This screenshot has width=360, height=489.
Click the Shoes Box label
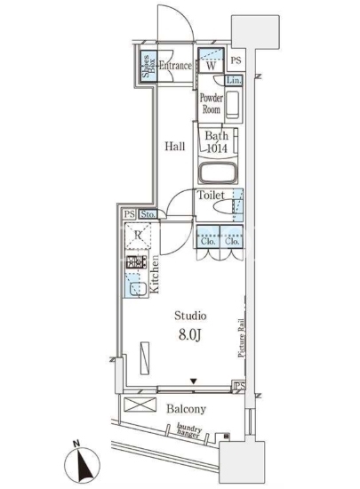[x=148, y=66]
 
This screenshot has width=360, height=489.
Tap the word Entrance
[x=175, y=66]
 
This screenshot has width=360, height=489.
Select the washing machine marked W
[x=211, y=60]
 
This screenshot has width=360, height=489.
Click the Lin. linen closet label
[x=234, y=80]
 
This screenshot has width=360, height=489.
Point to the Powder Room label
[x=212, y=103]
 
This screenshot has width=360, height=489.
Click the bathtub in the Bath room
[x=218, y=172]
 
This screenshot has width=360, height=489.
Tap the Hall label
[x=174, y=146]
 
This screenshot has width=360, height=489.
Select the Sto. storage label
[x=148, y=214]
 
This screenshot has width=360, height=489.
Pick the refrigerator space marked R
[x=138, y=236]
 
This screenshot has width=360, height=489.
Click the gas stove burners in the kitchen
[x=136, y=262]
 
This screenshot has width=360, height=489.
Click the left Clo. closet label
[x=208, y=241]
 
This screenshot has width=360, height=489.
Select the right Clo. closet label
[x=232, y=241]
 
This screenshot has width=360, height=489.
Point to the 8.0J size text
[x=190, y=334]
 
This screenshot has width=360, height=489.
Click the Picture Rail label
[x=241, y=338]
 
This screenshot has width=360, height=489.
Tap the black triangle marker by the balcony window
[x=194, y=381]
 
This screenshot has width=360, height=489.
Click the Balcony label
[x=186, y=409]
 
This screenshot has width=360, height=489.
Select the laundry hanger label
[x=188, y=430]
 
